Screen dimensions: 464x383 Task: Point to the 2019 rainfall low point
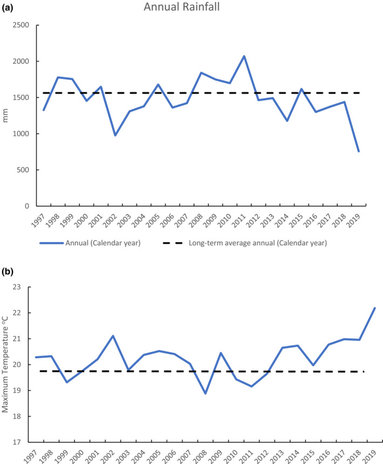(x=359, y=151)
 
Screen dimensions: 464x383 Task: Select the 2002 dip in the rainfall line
(x=115, y=135)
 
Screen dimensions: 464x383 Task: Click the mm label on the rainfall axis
(x=7, y=115)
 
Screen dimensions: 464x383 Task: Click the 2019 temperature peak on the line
(x=374, y=308)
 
